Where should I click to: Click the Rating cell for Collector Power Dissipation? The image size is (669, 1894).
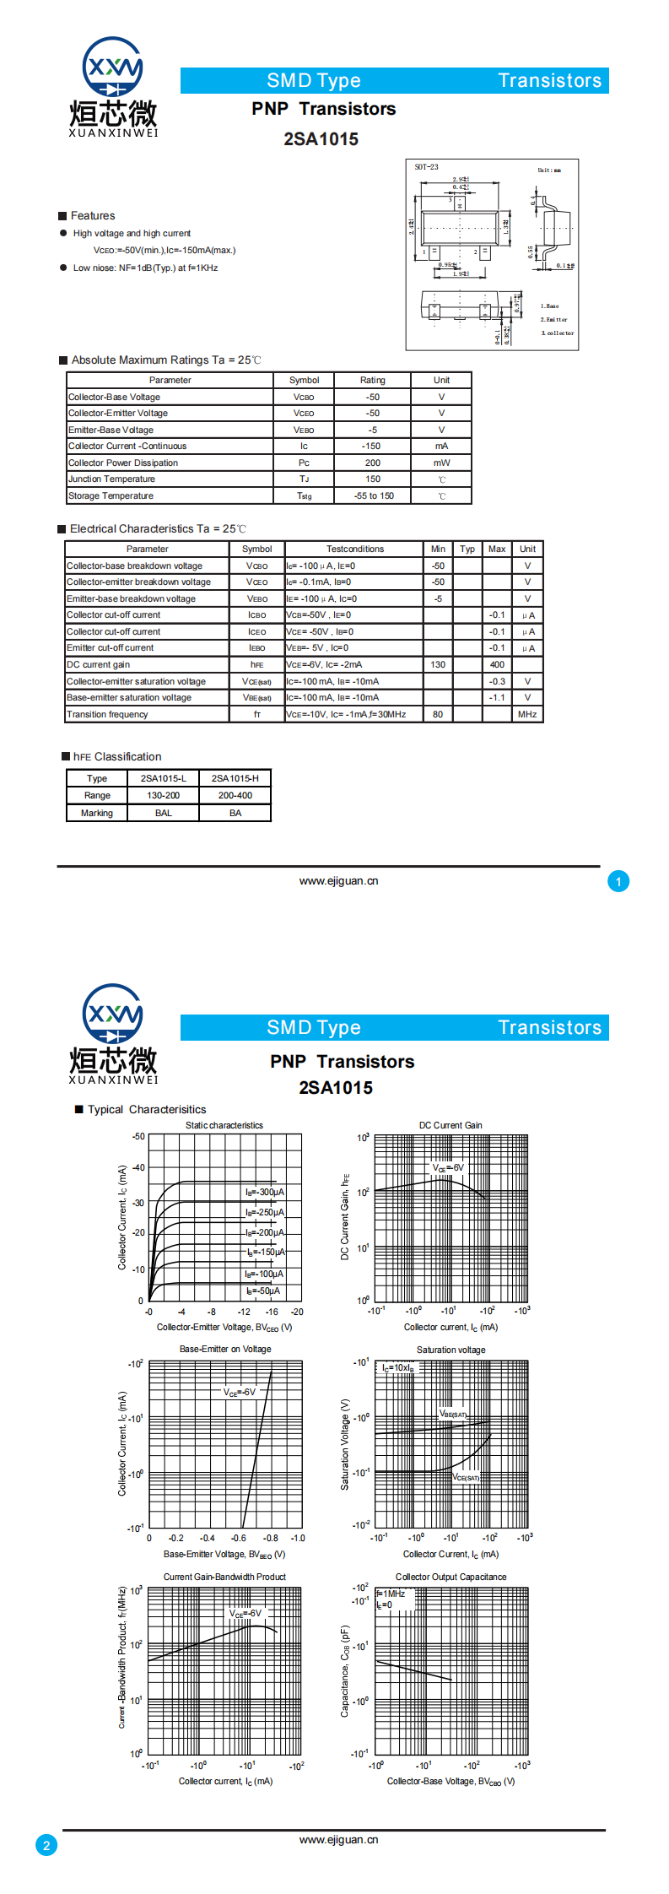(x=372, y=463)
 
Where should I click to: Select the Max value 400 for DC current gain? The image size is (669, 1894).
(x=497, y=664)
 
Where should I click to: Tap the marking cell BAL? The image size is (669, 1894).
(x=163, y=813)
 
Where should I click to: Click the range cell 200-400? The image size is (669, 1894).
(x=235, y=795)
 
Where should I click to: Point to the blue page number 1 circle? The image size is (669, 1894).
(x=618, y=881)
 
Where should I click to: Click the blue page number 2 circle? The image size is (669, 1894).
(x=46, y=1845)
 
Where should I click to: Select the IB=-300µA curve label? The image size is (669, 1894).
(x=265, y=1192)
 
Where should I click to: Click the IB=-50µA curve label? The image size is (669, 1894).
(x=263, y=1291)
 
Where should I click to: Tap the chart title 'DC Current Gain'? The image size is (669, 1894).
(x=450, y=1125)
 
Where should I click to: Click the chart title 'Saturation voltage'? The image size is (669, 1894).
(x=450, y=1350)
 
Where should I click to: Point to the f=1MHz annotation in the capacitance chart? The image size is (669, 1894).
(x=391, y=1594)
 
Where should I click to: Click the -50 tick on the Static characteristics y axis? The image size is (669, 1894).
(x=138, y=1136)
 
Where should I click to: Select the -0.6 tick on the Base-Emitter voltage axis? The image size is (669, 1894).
(x=239, y=1538)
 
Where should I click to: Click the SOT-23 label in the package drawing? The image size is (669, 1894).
(x=426, y=167)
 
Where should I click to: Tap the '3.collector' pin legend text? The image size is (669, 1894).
(x=557, y=333)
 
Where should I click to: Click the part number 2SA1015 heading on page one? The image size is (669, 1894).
(x=321, y=139)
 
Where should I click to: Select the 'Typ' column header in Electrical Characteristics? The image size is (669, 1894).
(x=467, y=549)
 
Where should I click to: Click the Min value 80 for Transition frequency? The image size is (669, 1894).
(x=438, y=714)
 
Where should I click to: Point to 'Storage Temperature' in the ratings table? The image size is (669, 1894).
(x=111, y=495)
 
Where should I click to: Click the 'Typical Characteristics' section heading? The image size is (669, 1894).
(x=147, y=1109)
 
